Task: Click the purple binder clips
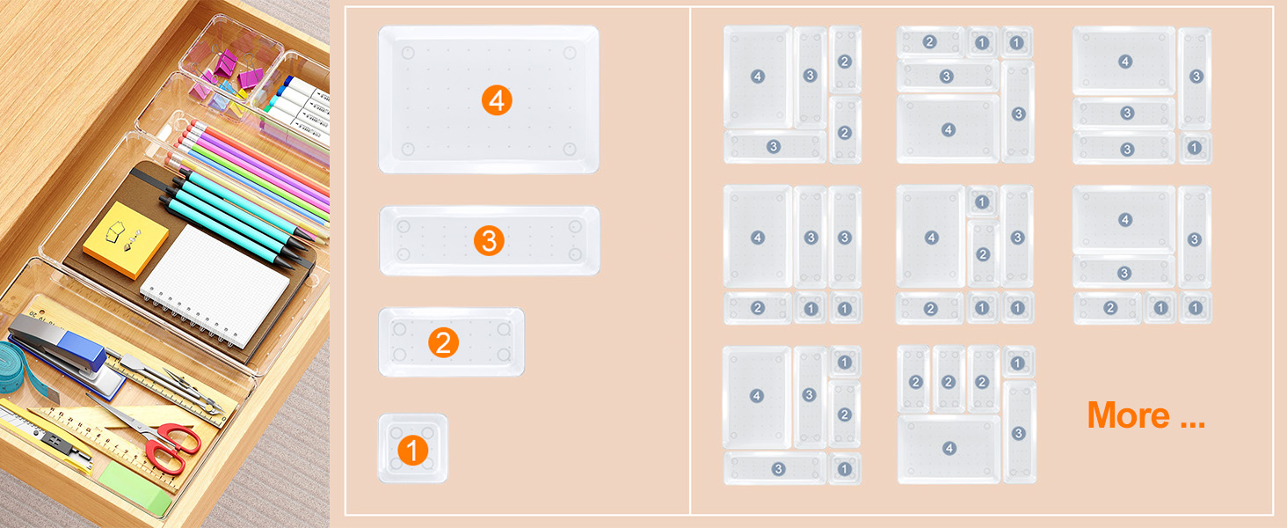pyautogui.click(x=225, y=70)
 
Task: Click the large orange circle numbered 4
pyautogui.click(x=497, y=100)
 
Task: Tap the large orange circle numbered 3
pyautogui.click(x=489, y=240)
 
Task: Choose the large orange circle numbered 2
pyautogui.click(x=443, y=342)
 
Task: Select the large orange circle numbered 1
pyautogui.click(x=412, y=451)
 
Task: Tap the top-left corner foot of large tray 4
pyautogui.click(x=406, y=53)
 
